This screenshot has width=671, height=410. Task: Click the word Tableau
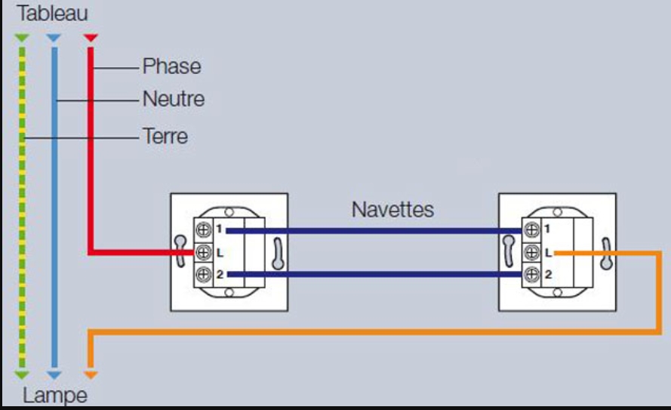[x=52, y=14]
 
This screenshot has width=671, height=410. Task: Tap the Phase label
[x=171, y=66]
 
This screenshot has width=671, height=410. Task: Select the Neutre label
[x=173, y=99]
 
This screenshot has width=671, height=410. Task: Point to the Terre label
[x=165, y=137]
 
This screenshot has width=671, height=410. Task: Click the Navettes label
[x=392, y=209]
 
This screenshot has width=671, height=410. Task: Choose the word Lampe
[x=54, y=395]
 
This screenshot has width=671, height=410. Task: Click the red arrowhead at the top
[x=90, y=37]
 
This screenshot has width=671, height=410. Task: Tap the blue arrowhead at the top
[x=53, y=37]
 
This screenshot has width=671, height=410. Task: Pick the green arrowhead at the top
[x=22, y=37]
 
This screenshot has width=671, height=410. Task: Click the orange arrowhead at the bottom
[x=90, y=374]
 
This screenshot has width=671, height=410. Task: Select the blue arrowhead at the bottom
[x=53, y=374]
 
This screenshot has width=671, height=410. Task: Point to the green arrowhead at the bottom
[x=22, y=374]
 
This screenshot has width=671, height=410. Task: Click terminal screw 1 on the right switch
[x=532, y=229]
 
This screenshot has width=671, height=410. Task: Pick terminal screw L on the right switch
[x=532, y=252]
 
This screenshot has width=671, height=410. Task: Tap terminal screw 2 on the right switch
[x=532, y=275]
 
